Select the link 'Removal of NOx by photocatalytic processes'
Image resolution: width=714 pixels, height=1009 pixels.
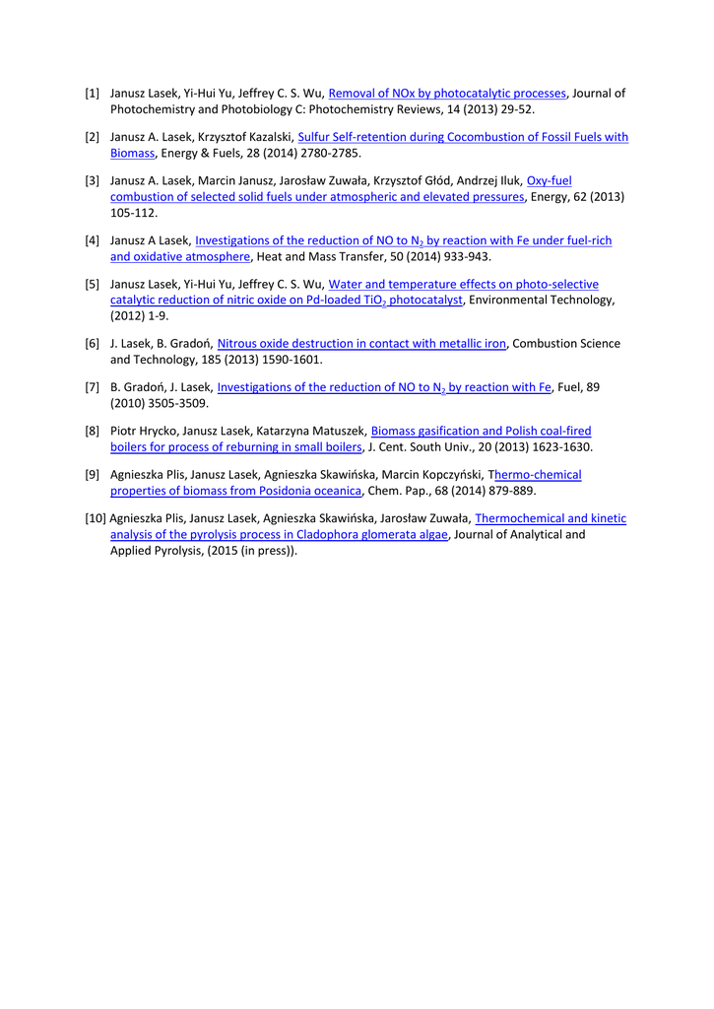[447, 94]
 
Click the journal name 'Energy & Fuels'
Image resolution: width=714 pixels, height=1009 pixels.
[196, 153]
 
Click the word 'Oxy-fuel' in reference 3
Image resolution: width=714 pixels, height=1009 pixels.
[550, 181]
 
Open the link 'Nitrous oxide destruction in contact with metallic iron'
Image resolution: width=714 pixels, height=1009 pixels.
[361, 344]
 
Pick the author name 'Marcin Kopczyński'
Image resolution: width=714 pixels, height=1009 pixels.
[433, 475]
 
